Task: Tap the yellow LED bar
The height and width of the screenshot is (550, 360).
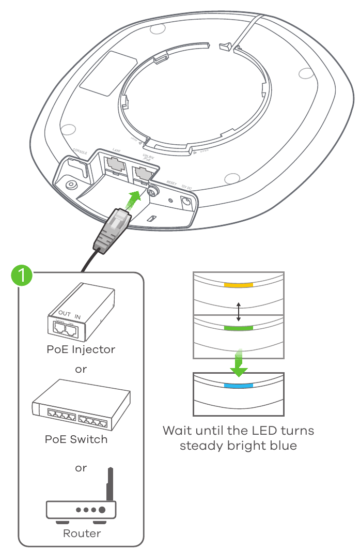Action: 238,285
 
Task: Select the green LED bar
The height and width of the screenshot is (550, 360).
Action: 238,328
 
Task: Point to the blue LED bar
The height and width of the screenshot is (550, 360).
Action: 238,386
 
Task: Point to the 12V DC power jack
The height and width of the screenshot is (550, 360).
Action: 184,202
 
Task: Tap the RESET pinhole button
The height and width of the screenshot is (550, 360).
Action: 171,197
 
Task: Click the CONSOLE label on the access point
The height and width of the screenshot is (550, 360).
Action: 81,152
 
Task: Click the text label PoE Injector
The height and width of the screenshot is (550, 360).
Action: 81,349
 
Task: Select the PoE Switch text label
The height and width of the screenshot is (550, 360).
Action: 76,439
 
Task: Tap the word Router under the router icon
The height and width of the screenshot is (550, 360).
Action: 82,533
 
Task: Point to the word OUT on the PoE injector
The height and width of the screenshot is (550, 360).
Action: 65,314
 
